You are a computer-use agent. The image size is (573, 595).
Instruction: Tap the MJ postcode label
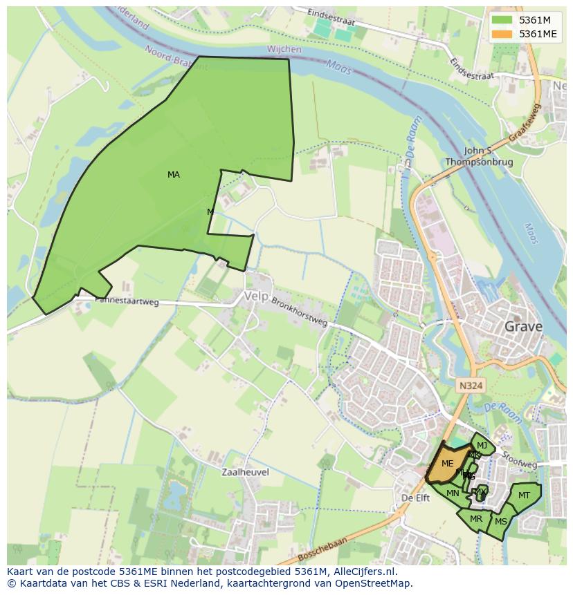pyautogui.click(x=482, y=446)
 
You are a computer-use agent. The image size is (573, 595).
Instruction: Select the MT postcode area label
pyautogui.click(x=524, y=495)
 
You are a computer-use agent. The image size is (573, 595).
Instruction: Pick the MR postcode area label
pyautogui.click(x=476, y=519)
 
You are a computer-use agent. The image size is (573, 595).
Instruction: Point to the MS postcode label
pyautogui.click(x=501, y=522)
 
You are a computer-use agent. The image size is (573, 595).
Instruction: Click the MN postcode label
pyautogui.click(x=453, y=493)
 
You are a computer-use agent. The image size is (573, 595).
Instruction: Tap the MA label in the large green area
pyautogui.click(x=174, y=175)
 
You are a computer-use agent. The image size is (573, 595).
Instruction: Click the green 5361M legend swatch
pyautogui.click(x=503, y=20)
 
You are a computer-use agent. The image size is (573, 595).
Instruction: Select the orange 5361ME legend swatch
pyautogui.click(x=503, y=34)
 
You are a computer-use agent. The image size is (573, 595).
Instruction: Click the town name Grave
pyautogui.click(x=523, y=326)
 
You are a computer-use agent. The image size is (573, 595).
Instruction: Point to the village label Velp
pyautogui.click(x=255, y=296)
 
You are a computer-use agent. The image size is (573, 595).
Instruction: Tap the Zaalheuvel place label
pyautogui.click(x=245, y=472)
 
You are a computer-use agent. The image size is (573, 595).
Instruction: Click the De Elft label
pyautogui.click(x=416, y=498)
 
